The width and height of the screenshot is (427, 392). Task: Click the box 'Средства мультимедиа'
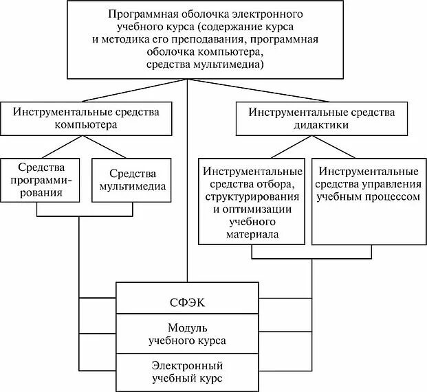(x=131, y=179)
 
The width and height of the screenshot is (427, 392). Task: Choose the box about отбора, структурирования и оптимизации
(x=252, y=202)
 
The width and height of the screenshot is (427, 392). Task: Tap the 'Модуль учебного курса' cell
(x=186, y=334)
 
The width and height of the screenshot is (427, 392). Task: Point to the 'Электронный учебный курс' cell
(x=186, y=371)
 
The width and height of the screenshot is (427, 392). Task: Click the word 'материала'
(x=252, y=234)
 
